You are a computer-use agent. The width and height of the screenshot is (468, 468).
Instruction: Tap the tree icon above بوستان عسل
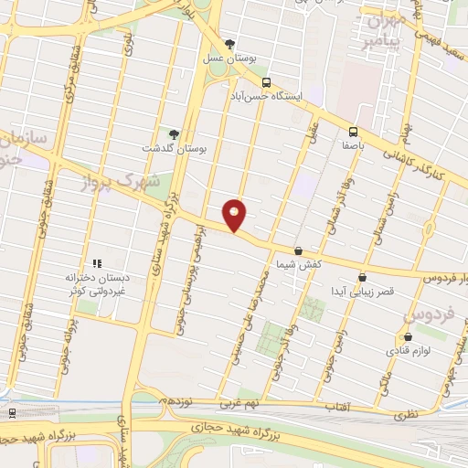click(229, 44)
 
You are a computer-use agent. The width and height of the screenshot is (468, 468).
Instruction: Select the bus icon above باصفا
click(353, 132)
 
